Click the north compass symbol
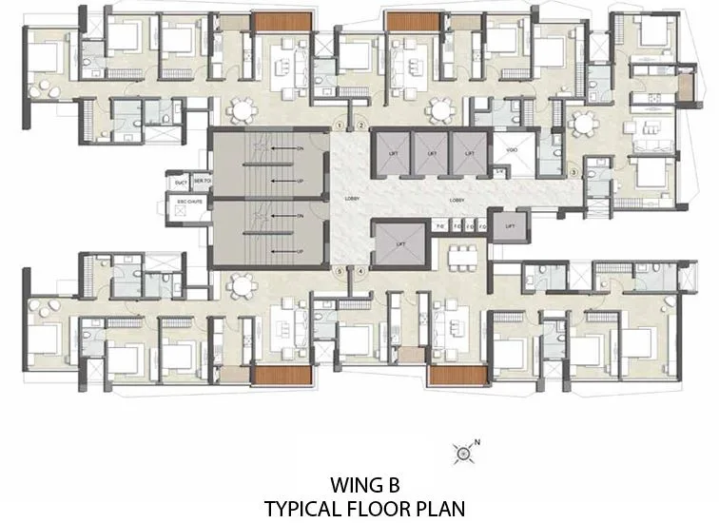coord(463,454)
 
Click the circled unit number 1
coord(340,126)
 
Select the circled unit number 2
coord(360,126)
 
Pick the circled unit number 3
coord(573,172)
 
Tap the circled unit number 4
coord(360,271)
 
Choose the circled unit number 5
coord(340,271)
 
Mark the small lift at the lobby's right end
coord(510,226)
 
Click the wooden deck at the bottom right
coord(452,375)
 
